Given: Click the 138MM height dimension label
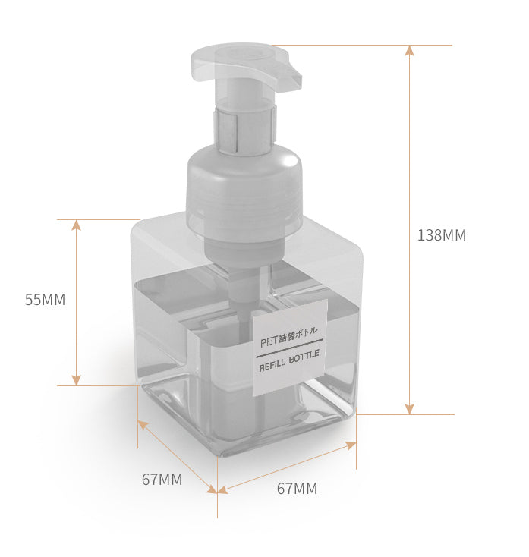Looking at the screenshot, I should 442,235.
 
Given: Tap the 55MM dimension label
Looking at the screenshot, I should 45,300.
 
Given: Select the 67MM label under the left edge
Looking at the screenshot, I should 162,480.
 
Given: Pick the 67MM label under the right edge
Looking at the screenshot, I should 297,489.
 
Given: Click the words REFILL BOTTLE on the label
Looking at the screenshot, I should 289,360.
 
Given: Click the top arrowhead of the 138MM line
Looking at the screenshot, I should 409,50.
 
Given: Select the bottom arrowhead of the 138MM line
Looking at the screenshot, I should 409,409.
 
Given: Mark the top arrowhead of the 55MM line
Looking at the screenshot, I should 76,225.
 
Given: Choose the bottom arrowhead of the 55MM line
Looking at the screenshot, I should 76,379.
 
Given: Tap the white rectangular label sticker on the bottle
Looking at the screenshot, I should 289,348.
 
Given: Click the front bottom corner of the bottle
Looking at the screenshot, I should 219,455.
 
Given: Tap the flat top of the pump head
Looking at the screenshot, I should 235,53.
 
